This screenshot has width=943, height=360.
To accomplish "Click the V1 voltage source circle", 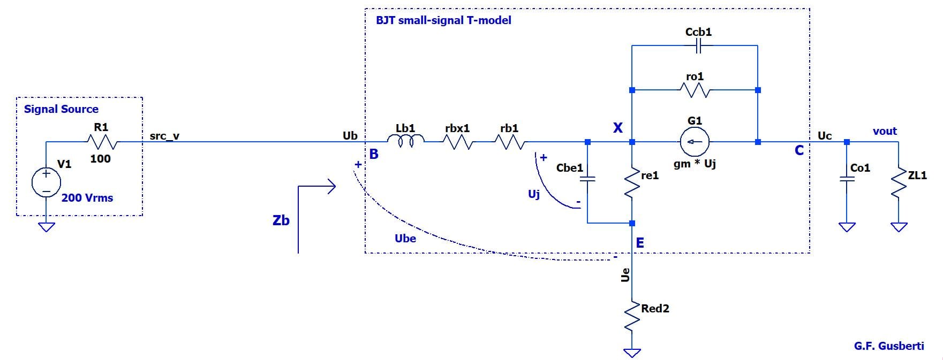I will (x=47, y=182).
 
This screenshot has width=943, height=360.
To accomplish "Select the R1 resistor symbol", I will (x=101, y=142).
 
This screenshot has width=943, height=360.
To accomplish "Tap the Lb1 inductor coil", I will (x=405, y=141).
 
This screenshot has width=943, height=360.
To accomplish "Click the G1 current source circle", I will (x=695, y=142).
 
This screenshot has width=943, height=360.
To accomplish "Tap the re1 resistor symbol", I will (x=632, y=183).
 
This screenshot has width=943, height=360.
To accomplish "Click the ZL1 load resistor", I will (x=899, y=183).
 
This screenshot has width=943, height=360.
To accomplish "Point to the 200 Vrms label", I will (x=87, y=198).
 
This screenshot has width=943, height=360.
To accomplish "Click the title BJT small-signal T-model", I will (x=443, y=20).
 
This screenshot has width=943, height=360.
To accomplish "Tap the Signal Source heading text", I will (x=61, y=109).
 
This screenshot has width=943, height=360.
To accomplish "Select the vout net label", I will (x=885, y=131).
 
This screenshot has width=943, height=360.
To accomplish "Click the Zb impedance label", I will (x=281, y=220).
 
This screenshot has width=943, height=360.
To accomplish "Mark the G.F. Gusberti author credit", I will (x=889, y=346).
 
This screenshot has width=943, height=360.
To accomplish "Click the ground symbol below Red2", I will (x=632, y=352).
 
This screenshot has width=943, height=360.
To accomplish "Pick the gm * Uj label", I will (x=695, y=164).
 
